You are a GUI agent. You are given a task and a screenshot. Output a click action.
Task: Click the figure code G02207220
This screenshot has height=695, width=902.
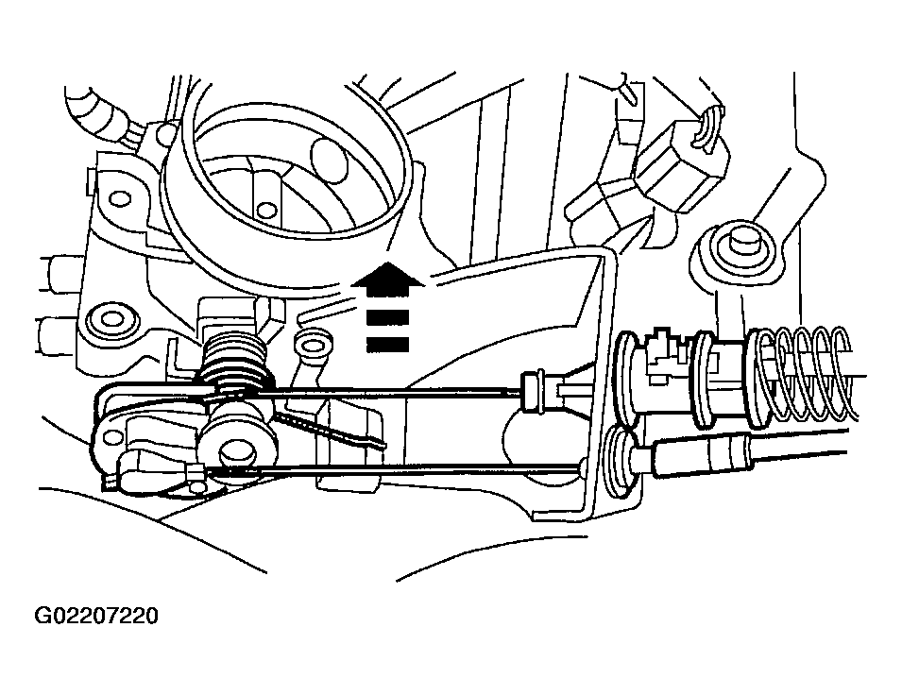(x=96, y=617)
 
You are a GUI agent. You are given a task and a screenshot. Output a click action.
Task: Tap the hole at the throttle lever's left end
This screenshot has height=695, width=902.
(x=112, y=436)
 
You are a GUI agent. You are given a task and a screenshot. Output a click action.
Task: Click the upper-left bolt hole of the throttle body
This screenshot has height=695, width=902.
(x=120, y=199)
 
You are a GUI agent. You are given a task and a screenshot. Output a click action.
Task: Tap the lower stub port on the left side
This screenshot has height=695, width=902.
(x=58, y=331)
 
